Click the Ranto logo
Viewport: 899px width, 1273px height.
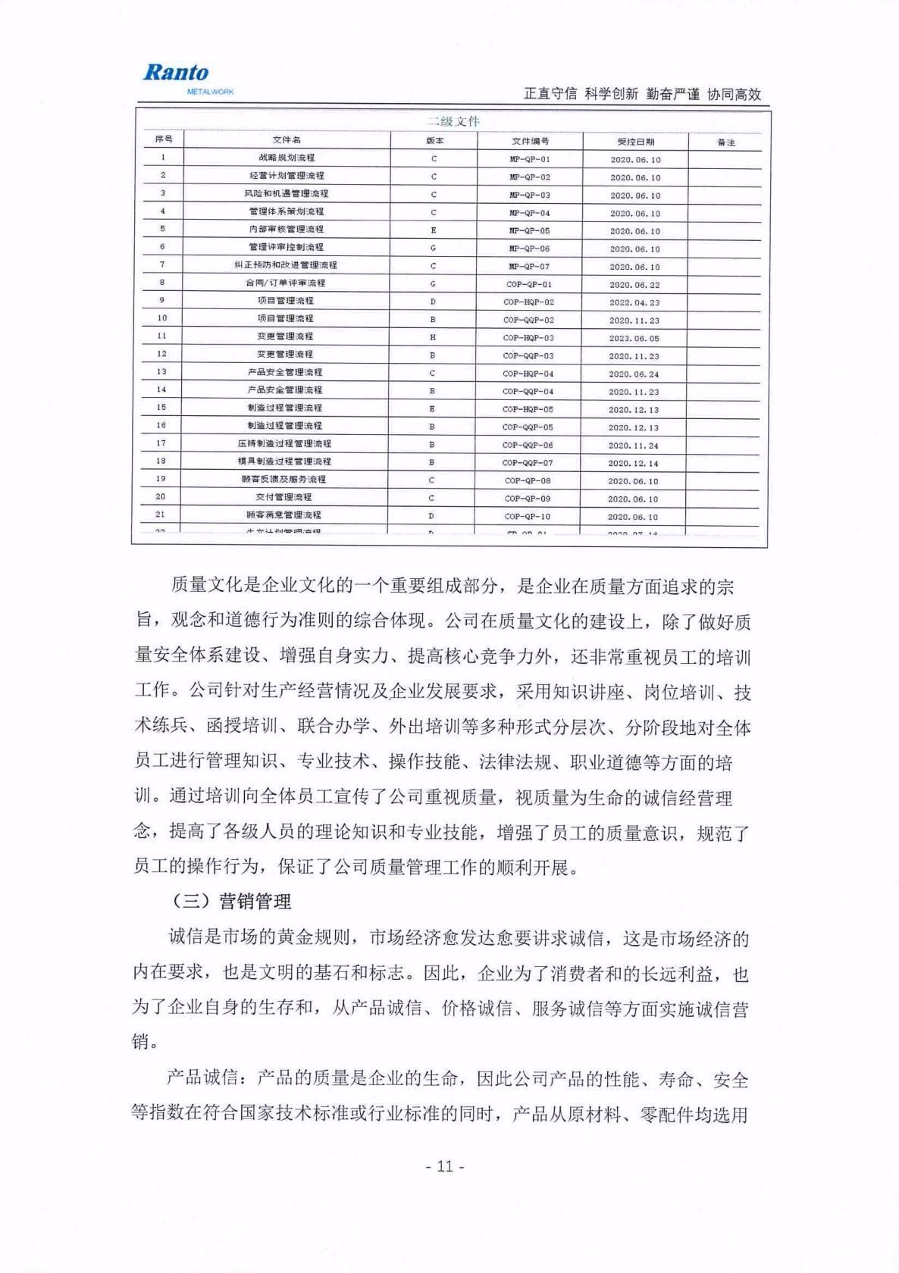click(x=176, y=73)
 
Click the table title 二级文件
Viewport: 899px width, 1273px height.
click(x=453, y=121)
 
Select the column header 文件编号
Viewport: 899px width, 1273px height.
click(x=530, y=141)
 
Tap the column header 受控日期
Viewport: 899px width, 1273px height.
click(x=635, y=142)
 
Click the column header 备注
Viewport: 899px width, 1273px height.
click(x=725, y=142)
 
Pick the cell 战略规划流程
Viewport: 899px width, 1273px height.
click(x=287, y=158)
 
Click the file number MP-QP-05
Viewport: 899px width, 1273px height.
click(x=529, y=230)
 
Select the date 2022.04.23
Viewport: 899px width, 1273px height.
click(x=634, y=302)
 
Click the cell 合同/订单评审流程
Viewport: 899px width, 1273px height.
click(x=285, y=283)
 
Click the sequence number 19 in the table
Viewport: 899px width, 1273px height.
click(x=161, y=479)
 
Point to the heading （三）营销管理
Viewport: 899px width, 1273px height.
click(x=230, y=902)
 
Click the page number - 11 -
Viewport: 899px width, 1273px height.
click(x=445, y=1165)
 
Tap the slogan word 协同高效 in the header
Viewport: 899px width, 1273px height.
click(x=733, y=94)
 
